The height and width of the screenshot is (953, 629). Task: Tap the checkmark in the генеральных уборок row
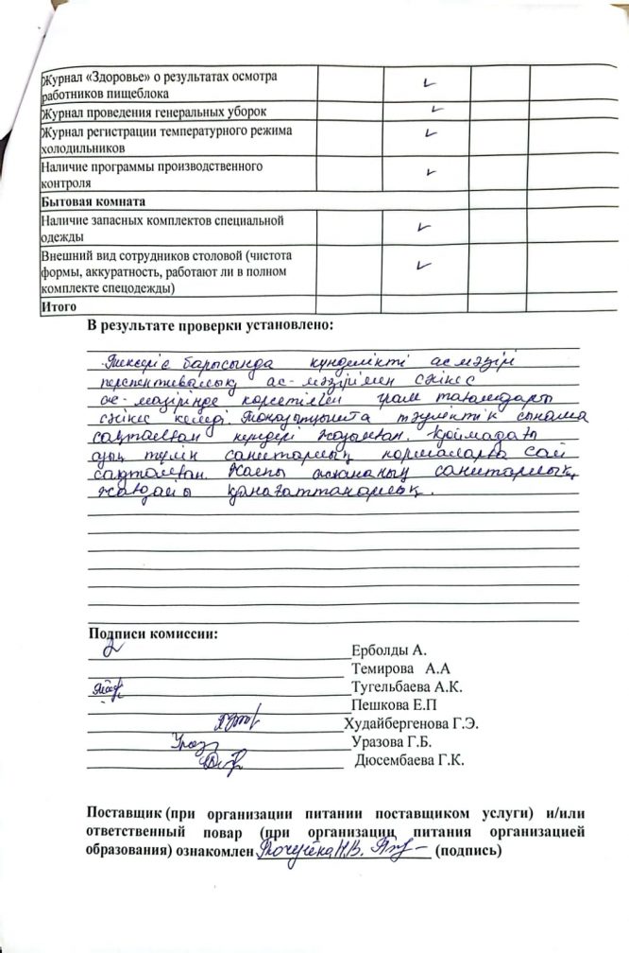[436, 110]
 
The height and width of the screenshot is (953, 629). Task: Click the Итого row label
[58, 306]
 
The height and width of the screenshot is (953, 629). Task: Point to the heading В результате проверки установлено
[210, 326]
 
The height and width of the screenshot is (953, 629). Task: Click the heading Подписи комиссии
[151, 633]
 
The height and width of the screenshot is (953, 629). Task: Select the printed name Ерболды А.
[388, 651]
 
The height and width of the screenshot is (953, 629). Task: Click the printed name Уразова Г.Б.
[390, 741]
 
